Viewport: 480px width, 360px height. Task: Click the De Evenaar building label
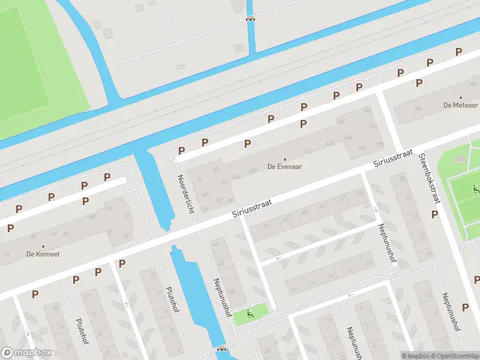[x=284, y=167]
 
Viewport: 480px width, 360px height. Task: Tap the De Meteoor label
[x=460, y=104]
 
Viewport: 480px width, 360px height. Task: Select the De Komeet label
[x=43, y=254]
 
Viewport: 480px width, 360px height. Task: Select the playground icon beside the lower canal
[x=251, y=313]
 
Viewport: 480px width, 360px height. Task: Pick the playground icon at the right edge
[x=475, y=190]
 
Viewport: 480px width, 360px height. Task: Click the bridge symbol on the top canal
[x=250, y=18]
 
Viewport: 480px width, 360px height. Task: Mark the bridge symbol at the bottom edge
[x=221, y=349]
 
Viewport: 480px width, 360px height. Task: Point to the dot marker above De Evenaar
[x=284, y=160]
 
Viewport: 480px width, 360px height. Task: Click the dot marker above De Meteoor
[x=461, y=97]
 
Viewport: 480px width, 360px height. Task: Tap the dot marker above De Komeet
[x=43, y=247]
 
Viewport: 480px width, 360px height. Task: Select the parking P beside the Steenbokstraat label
[x=434, y=214]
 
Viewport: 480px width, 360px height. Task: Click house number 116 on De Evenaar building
[x=308, y=151]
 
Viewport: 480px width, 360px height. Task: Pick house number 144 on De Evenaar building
[x=347, y=137]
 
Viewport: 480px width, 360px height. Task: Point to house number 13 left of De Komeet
[x=7, y=254]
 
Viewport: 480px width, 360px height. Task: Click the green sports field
[x=36, y=66]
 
